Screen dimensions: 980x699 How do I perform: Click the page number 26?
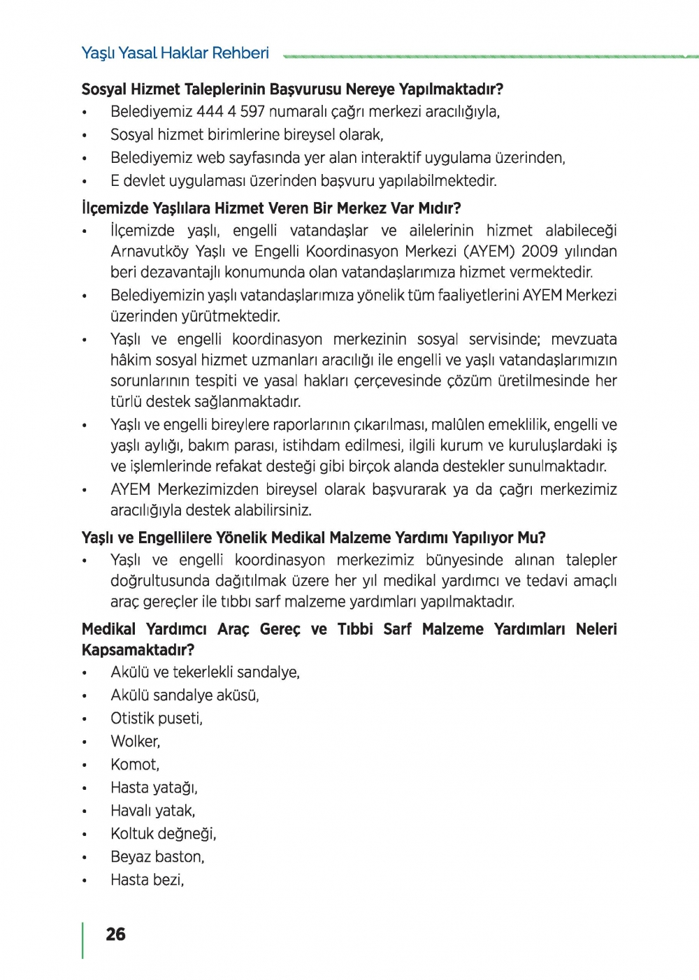click(x=115, y=934)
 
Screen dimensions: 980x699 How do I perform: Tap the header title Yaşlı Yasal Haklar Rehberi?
click(x=175, y=53)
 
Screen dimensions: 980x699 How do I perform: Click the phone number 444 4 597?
click(x=231, y=112)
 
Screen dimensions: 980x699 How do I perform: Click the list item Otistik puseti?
click(x=157, y=719)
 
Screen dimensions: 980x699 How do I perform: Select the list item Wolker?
click(x=135, y=742)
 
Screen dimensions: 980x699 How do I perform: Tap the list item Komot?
click(x=135, y=765)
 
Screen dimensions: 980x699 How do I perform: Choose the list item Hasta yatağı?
click(x=154, y=788)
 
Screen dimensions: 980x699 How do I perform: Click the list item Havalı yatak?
click(x=153, y=811)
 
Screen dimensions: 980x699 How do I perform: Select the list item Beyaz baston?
click(x=157, y=857)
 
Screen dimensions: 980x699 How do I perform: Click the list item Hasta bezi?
click(x=147, y=880)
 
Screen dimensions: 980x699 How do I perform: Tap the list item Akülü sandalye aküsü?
click(x=185, y=696)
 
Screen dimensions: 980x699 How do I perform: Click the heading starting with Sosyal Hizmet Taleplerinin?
click(x=292, y=89)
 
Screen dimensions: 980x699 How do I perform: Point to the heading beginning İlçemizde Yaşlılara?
click(x=271, y=208)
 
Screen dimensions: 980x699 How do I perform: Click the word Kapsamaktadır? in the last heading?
click(x=138, y=650)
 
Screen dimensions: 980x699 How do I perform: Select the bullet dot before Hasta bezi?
click(x=85, y=881)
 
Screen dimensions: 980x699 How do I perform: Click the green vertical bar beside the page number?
click(x=83, y=940)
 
